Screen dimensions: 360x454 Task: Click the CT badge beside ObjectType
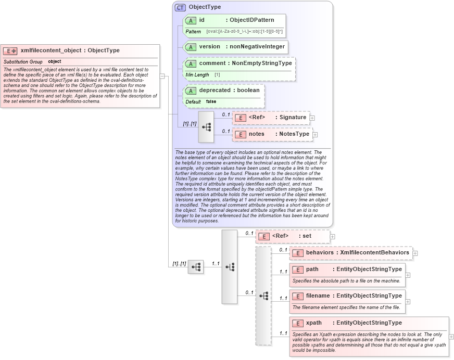(180, 7)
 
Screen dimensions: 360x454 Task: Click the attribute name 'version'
(210, 47)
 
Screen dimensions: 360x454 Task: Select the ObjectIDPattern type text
(252, 20)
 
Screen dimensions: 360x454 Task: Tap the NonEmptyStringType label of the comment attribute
(262, 63)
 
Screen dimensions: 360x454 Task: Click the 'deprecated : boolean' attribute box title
(229, 91)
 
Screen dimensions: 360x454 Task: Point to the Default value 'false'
(211, 101)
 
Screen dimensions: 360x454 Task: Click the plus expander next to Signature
(312, 118)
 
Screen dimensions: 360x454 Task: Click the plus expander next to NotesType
(315, 135)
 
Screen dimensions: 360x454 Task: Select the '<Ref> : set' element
(292, 236)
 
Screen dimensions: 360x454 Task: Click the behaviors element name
(320, 253)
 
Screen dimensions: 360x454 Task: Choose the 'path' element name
(312, 269)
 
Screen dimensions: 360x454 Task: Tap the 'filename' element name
(318, 296)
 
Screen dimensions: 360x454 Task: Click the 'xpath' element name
(314, 323)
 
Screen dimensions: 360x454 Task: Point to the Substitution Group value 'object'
(55, 62)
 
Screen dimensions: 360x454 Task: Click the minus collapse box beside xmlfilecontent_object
(162, 76)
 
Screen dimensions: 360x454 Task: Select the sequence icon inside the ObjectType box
(206, 126)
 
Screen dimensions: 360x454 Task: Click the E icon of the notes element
(241, 134)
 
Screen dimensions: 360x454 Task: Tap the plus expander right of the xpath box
(451, 337)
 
